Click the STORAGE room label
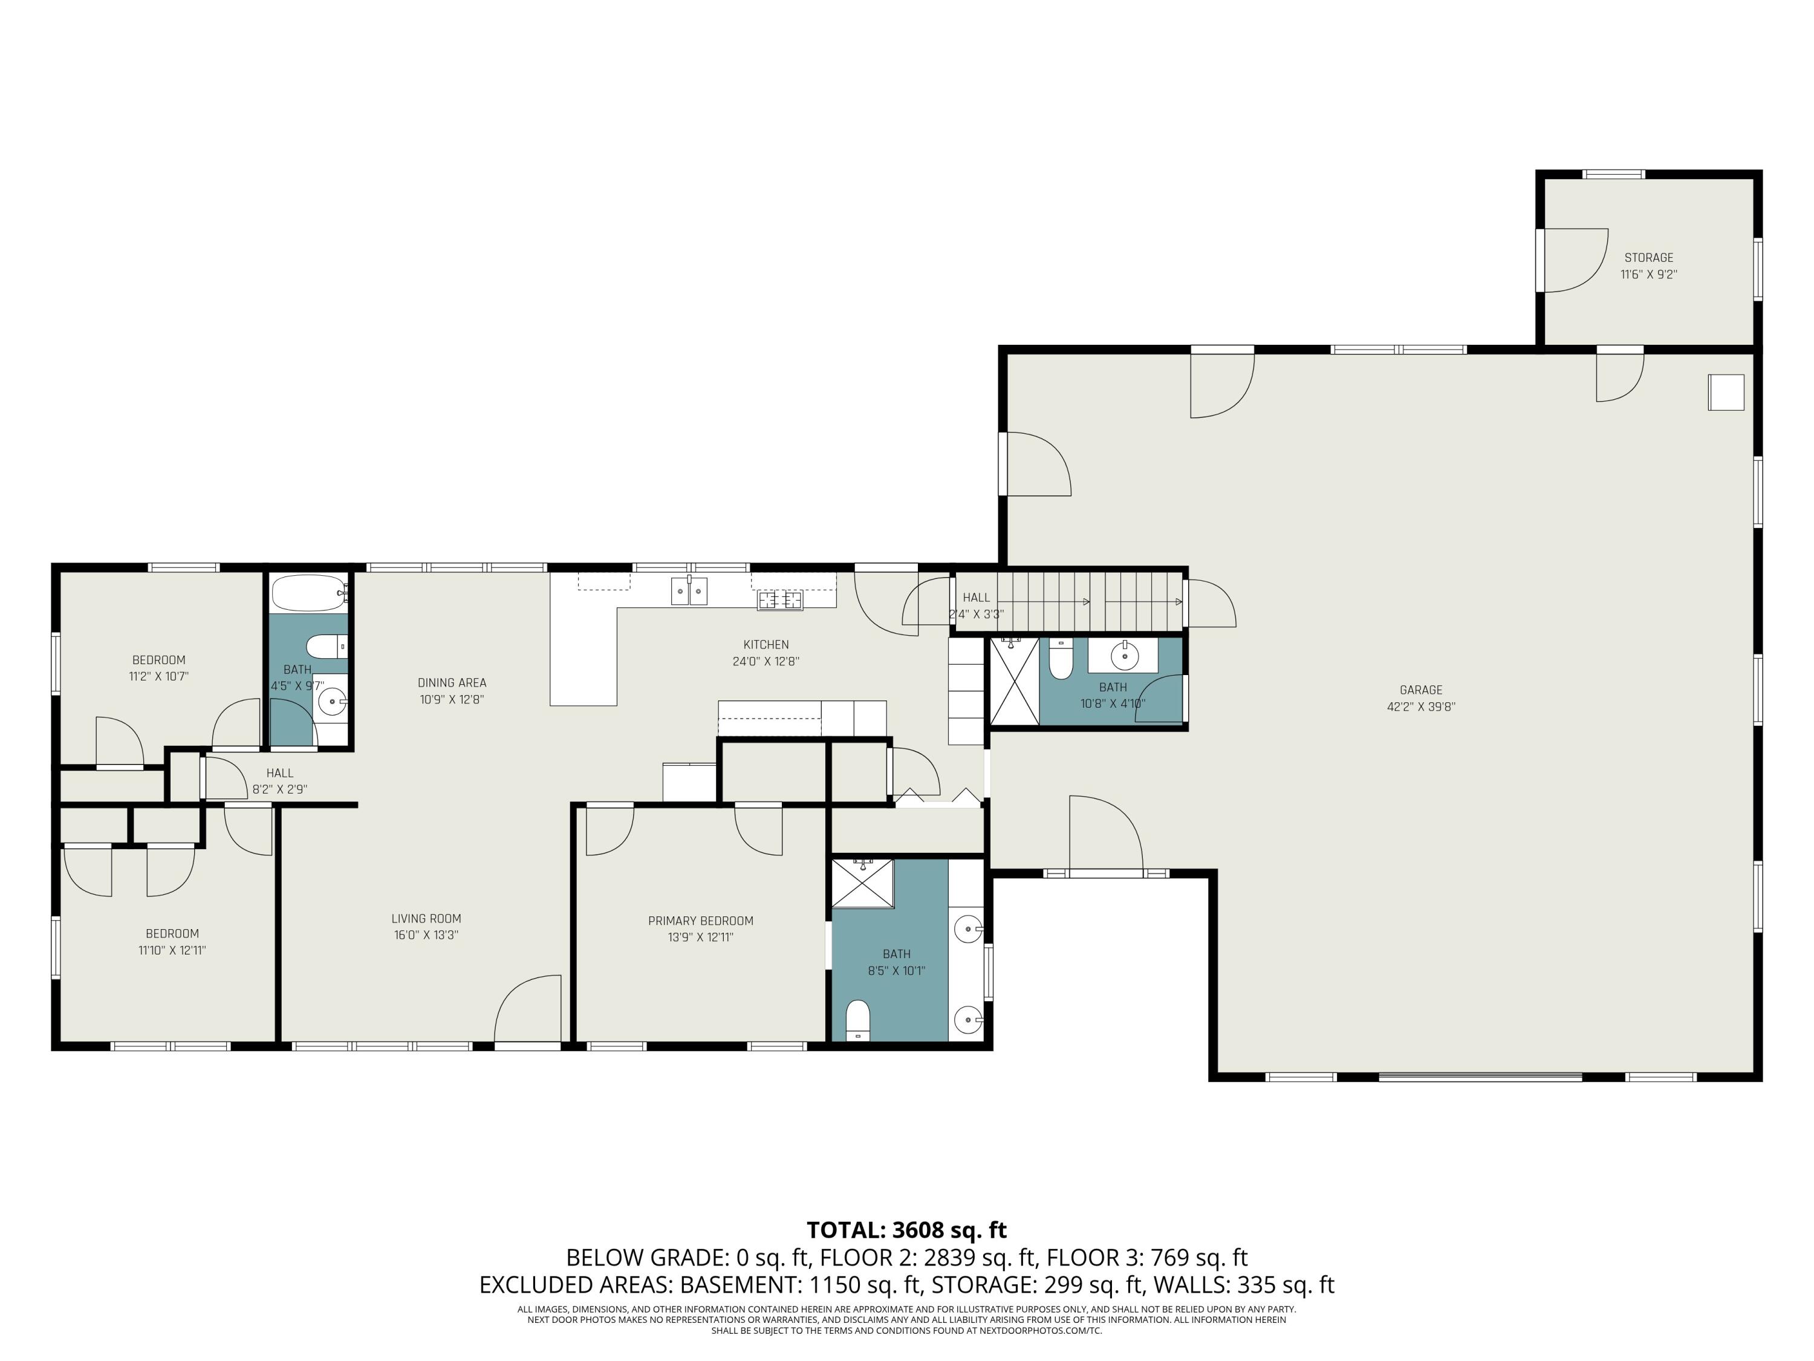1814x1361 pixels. point(1648,258)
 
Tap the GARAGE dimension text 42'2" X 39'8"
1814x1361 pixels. point(1420,707)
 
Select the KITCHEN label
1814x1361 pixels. point(766,645)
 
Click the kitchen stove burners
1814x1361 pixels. point(780,601)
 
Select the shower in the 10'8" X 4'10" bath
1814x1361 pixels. point(1015,681)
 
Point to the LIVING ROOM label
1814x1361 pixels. point(426,919)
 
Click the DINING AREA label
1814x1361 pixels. point(452,682)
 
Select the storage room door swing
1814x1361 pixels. point(1573,260)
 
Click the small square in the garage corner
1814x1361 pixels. point(1726,392)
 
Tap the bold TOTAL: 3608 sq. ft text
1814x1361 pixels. point(906,1230)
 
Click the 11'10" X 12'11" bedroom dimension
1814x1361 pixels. point(172,951)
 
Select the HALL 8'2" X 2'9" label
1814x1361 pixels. point(279,773)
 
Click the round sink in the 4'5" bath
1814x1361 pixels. point(331,702)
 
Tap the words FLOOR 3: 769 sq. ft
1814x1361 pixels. point(1146,1258)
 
